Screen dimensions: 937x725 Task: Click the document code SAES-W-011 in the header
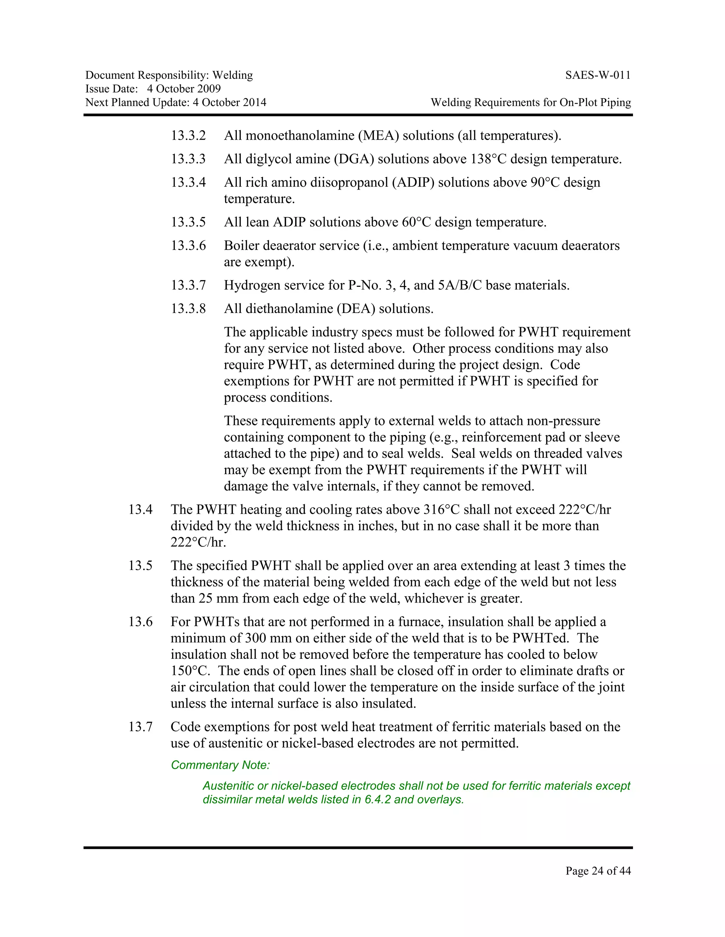pyautogui.click(x=598, y=76)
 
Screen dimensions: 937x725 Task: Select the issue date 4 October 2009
pyautogui.click(x=184, y=89)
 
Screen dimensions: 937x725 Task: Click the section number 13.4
pyautogui.click(x=141, y=510)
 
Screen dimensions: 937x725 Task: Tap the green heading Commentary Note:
pyautogui.click(x=220, y=765)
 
